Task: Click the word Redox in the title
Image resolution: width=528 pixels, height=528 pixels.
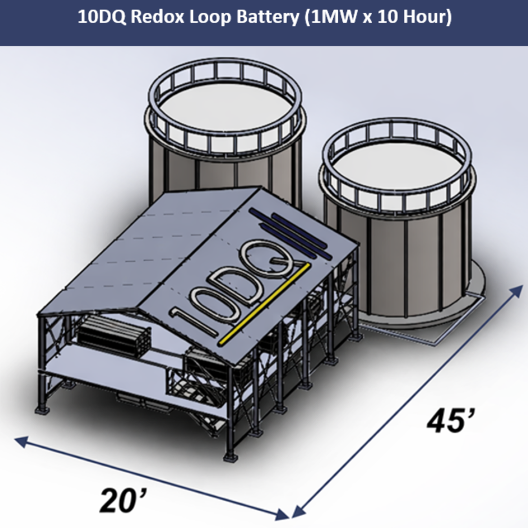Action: (x=157, y=17)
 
